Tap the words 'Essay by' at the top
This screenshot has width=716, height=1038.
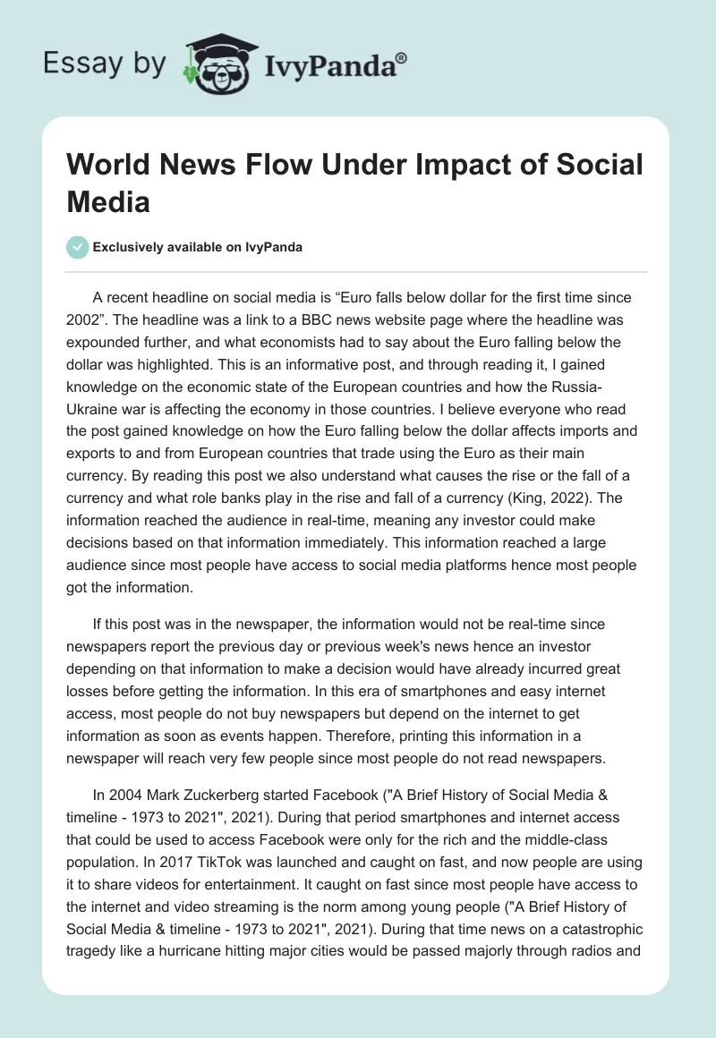[x=105, y=64]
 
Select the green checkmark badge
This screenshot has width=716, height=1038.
[x=78, y=247]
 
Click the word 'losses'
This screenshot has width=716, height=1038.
[x=97, y=692]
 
